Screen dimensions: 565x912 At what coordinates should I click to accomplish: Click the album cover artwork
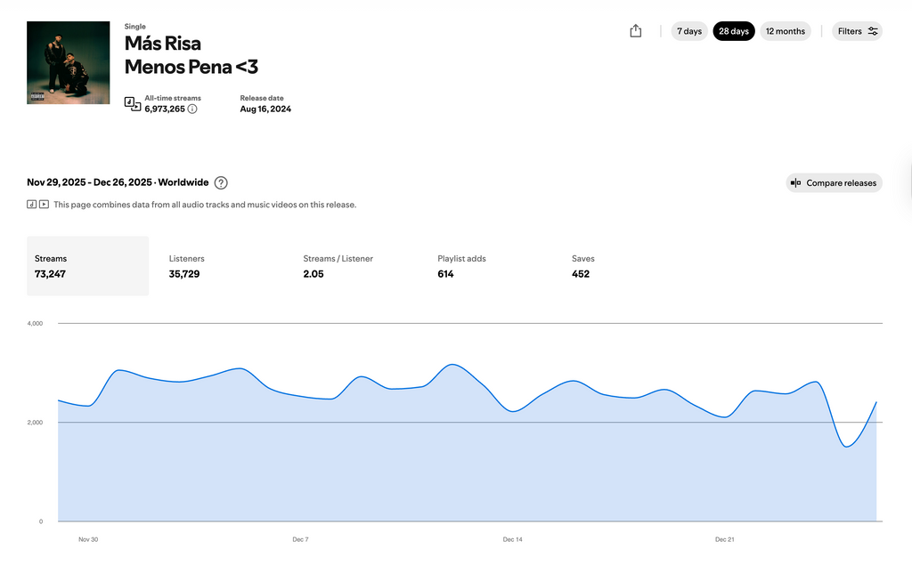pos(69,63)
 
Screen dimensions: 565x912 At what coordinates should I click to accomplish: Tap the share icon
pos(635,31)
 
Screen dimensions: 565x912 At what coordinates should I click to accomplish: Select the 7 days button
pos(689,31)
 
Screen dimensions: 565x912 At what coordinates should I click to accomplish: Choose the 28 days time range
pos(734,31)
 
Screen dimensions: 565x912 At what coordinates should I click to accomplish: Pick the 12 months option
pos(786,31)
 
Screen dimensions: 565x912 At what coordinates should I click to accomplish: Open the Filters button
pos(858,31)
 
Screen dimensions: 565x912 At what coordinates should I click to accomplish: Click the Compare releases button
pos(834,183)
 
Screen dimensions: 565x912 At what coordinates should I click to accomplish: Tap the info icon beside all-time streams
pos(192,109)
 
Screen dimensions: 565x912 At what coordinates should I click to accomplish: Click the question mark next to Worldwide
pos(221,183)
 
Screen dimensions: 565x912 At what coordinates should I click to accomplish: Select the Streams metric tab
pos(87,266)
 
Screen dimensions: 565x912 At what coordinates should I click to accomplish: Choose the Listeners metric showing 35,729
pos(184,274)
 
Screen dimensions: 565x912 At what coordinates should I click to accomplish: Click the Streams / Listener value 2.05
pos(313,274)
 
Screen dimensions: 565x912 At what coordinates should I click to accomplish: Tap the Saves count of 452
pos(581,274)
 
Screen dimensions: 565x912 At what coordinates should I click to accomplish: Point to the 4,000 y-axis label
pos(35,324)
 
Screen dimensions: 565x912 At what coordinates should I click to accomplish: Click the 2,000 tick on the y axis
pos(35,423)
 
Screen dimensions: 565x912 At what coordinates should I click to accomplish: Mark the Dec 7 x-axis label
pos(300,539)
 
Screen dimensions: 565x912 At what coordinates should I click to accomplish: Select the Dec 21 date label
pos(725,539)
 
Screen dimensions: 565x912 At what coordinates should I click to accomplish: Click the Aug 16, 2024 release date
pos(265,109)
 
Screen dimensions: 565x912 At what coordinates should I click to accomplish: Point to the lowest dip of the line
pos(846,447)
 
